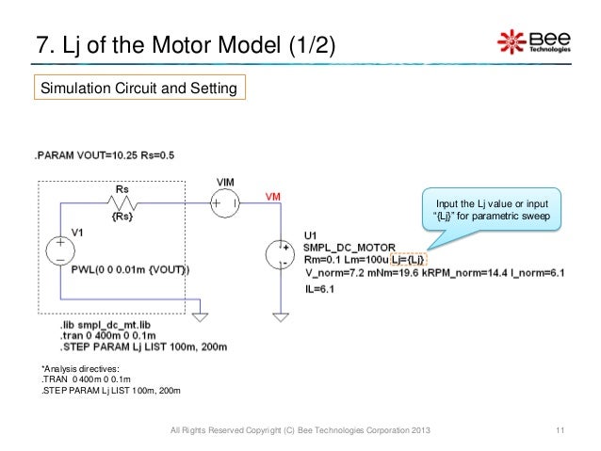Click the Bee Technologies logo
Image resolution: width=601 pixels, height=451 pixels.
(533, 41)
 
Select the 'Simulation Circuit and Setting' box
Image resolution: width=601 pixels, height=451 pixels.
(139, 89)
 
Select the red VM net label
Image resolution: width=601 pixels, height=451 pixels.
(272, 196)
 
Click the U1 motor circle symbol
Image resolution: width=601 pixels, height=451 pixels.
(282, 253)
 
